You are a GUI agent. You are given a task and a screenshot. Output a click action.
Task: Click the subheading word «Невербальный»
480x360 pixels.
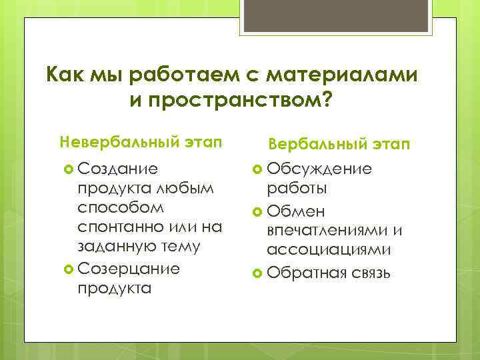pyautogui.click(x=111, y=141)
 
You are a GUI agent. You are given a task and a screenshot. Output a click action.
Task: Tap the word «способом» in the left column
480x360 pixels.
pyautogui.click(x=111, y=208)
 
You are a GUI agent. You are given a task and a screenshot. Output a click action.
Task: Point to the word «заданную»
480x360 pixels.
pyautogui.click(x=113, y=247)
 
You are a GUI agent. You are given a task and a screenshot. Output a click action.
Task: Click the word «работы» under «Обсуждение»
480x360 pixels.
pyautogui.click(x=297, y=189)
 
